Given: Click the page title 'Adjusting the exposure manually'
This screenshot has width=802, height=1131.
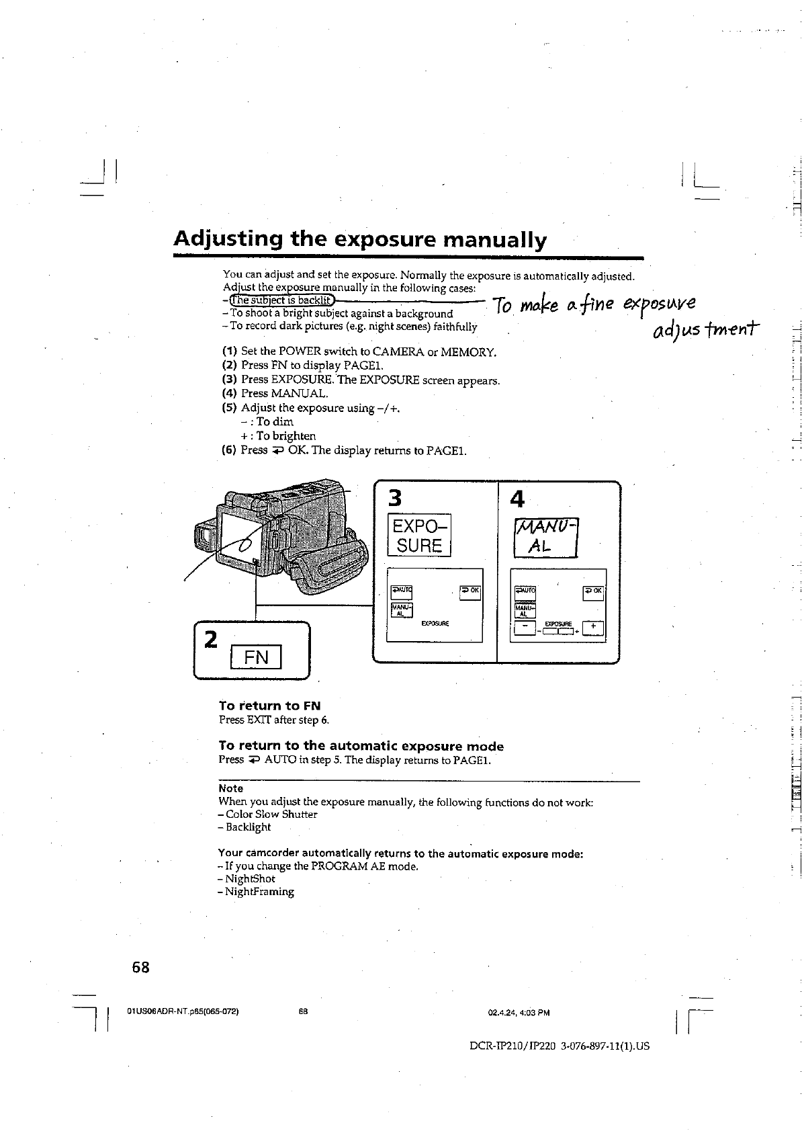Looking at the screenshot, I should pos(360,240).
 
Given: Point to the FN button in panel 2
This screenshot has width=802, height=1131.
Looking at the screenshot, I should pos(256,657).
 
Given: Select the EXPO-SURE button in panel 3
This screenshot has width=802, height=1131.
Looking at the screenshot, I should pos(419,536).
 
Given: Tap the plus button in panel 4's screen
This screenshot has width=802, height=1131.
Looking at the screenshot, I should pos(594,628).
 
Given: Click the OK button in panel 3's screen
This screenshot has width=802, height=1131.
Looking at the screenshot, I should pos(470,591).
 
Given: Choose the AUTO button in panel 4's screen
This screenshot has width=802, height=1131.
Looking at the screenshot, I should pos(525,591).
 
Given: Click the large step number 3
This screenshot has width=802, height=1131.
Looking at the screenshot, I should pos(396,499).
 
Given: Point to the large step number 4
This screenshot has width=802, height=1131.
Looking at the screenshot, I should pos(517,499).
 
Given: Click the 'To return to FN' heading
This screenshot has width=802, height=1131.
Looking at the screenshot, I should pos(270,706).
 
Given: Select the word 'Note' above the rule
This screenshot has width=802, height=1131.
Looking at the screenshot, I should pos(231,788).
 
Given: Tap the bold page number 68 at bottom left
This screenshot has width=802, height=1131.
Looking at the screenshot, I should pos(140,968).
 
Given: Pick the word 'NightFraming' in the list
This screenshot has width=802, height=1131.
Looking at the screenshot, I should pos(259,892).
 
